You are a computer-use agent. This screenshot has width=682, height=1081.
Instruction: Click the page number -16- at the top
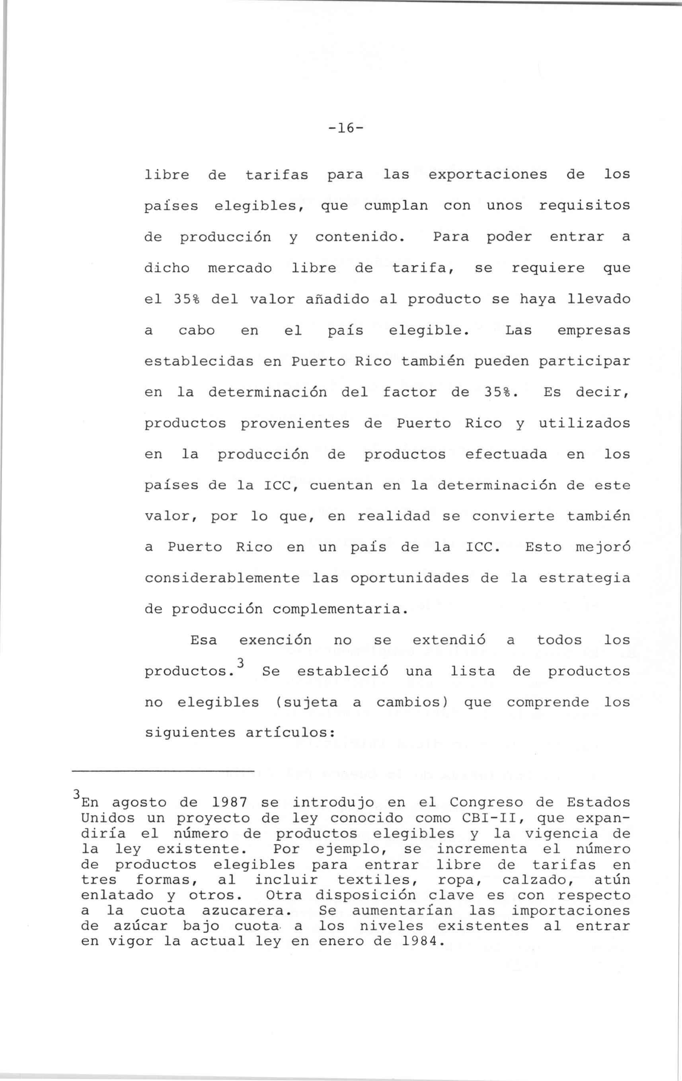click(x=345, y=129)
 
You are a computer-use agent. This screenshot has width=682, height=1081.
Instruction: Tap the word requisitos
click(x=584, y=206)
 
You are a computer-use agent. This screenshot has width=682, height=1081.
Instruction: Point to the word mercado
click(x=240, y=268)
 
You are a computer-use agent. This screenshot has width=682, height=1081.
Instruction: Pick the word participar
click(x=584, y=362)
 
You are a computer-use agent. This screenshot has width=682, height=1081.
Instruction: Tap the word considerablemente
click(x=222, y=579)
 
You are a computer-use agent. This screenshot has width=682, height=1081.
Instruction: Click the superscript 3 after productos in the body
click(x=241, y=663)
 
